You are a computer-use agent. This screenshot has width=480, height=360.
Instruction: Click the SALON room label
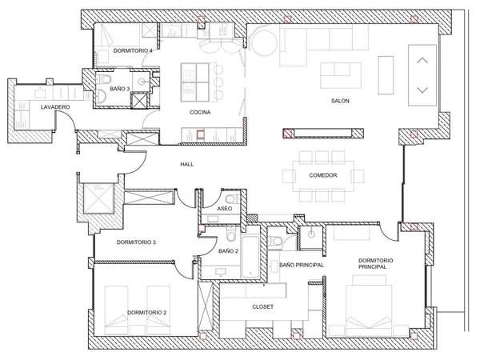click(340, 101)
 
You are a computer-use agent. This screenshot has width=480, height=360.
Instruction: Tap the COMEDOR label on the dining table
click(323, 175)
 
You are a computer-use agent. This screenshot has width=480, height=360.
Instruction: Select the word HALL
click(186, 164)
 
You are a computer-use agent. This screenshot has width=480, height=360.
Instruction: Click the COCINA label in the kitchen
click(200, 112)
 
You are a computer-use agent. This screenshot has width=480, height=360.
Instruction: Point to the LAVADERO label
click(55, 107)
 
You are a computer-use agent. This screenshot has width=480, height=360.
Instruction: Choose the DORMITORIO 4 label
click(133, 51)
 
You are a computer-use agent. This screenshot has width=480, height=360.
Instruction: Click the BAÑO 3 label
click(120, 89)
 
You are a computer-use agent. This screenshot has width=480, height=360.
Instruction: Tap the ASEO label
click(224, 209)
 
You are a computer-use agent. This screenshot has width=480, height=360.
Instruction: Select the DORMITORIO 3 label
click(136, 242)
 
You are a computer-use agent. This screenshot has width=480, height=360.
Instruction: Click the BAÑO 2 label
click(228, 251)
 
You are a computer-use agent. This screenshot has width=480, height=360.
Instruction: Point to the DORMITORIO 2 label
click(147, 313)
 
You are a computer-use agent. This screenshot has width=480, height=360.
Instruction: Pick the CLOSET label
click(263, 306)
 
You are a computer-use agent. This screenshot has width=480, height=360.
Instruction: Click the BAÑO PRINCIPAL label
click(302, 265)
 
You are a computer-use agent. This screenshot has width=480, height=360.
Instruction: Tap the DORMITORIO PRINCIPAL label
click(376, 263)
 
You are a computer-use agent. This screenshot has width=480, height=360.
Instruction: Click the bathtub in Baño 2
click(250, 257)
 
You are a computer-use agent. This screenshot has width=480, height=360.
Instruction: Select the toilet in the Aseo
click(232, 199)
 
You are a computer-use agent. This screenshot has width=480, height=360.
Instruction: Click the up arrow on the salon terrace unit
click(422, 60)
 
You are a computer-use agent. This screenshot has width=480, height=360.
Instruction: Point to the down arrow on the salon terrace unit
click(422, 90)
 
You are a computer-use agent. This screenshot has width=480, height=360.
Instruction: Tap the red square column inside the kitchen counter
click(200, 134)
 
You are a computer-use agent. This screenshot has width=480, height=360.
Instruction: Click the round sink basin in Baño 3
click(142, 82)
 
